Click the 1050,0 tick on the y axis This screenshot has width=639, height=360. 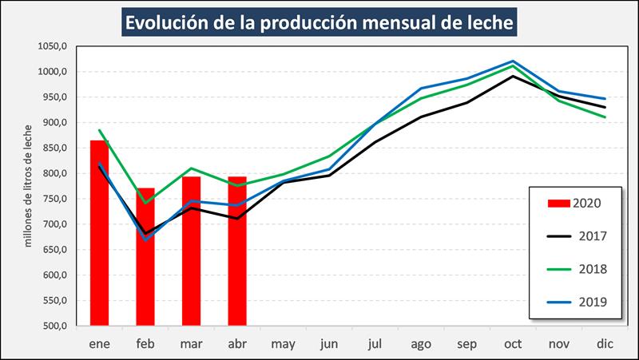tap(51, 47)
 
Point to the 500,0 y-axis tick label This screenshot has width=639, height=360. tap(54, 326)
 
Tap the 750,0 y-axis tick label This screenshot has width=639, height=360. tap(54, 200)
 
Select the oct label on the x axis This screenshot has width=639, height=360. tap(512, 343)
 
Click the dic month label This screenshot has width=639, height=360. tap(605, 343)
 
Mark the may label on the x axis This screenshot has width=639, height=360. tap(283, 343)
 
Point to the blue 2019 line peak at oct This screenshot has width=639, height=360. tap(512, 61)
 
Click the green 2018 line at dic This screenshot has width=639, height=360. tap(605, 117)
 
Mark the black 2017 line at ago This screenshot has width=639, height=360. tap(421, 117)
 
